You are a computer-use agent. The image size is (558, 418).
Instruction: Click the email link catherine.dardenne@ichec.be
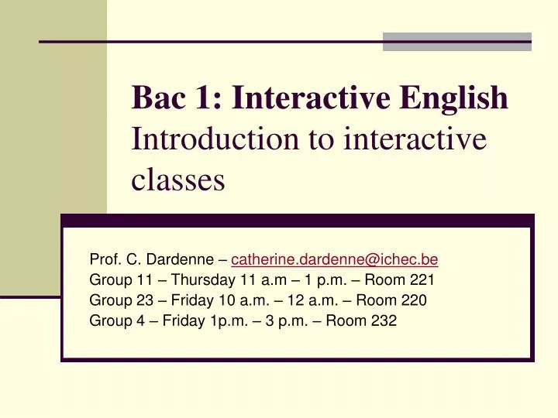point(335,259)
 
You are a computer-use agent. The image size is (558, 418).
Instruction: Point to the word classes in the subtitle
point(178,180)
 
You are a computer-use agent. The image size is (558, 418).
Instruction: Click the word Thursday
point(200,279)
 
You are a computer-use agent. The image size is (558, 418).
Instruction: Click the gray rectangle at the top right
point(457,42)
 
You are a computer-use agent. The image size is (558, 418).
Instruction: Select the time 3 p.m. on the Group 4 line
point(284,320)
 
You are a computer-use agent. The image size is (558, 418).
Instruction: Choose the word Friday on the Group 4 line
point(182,320)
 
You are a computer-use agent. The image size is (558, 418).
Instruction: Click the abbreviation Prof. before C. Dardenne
point(105,259)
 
